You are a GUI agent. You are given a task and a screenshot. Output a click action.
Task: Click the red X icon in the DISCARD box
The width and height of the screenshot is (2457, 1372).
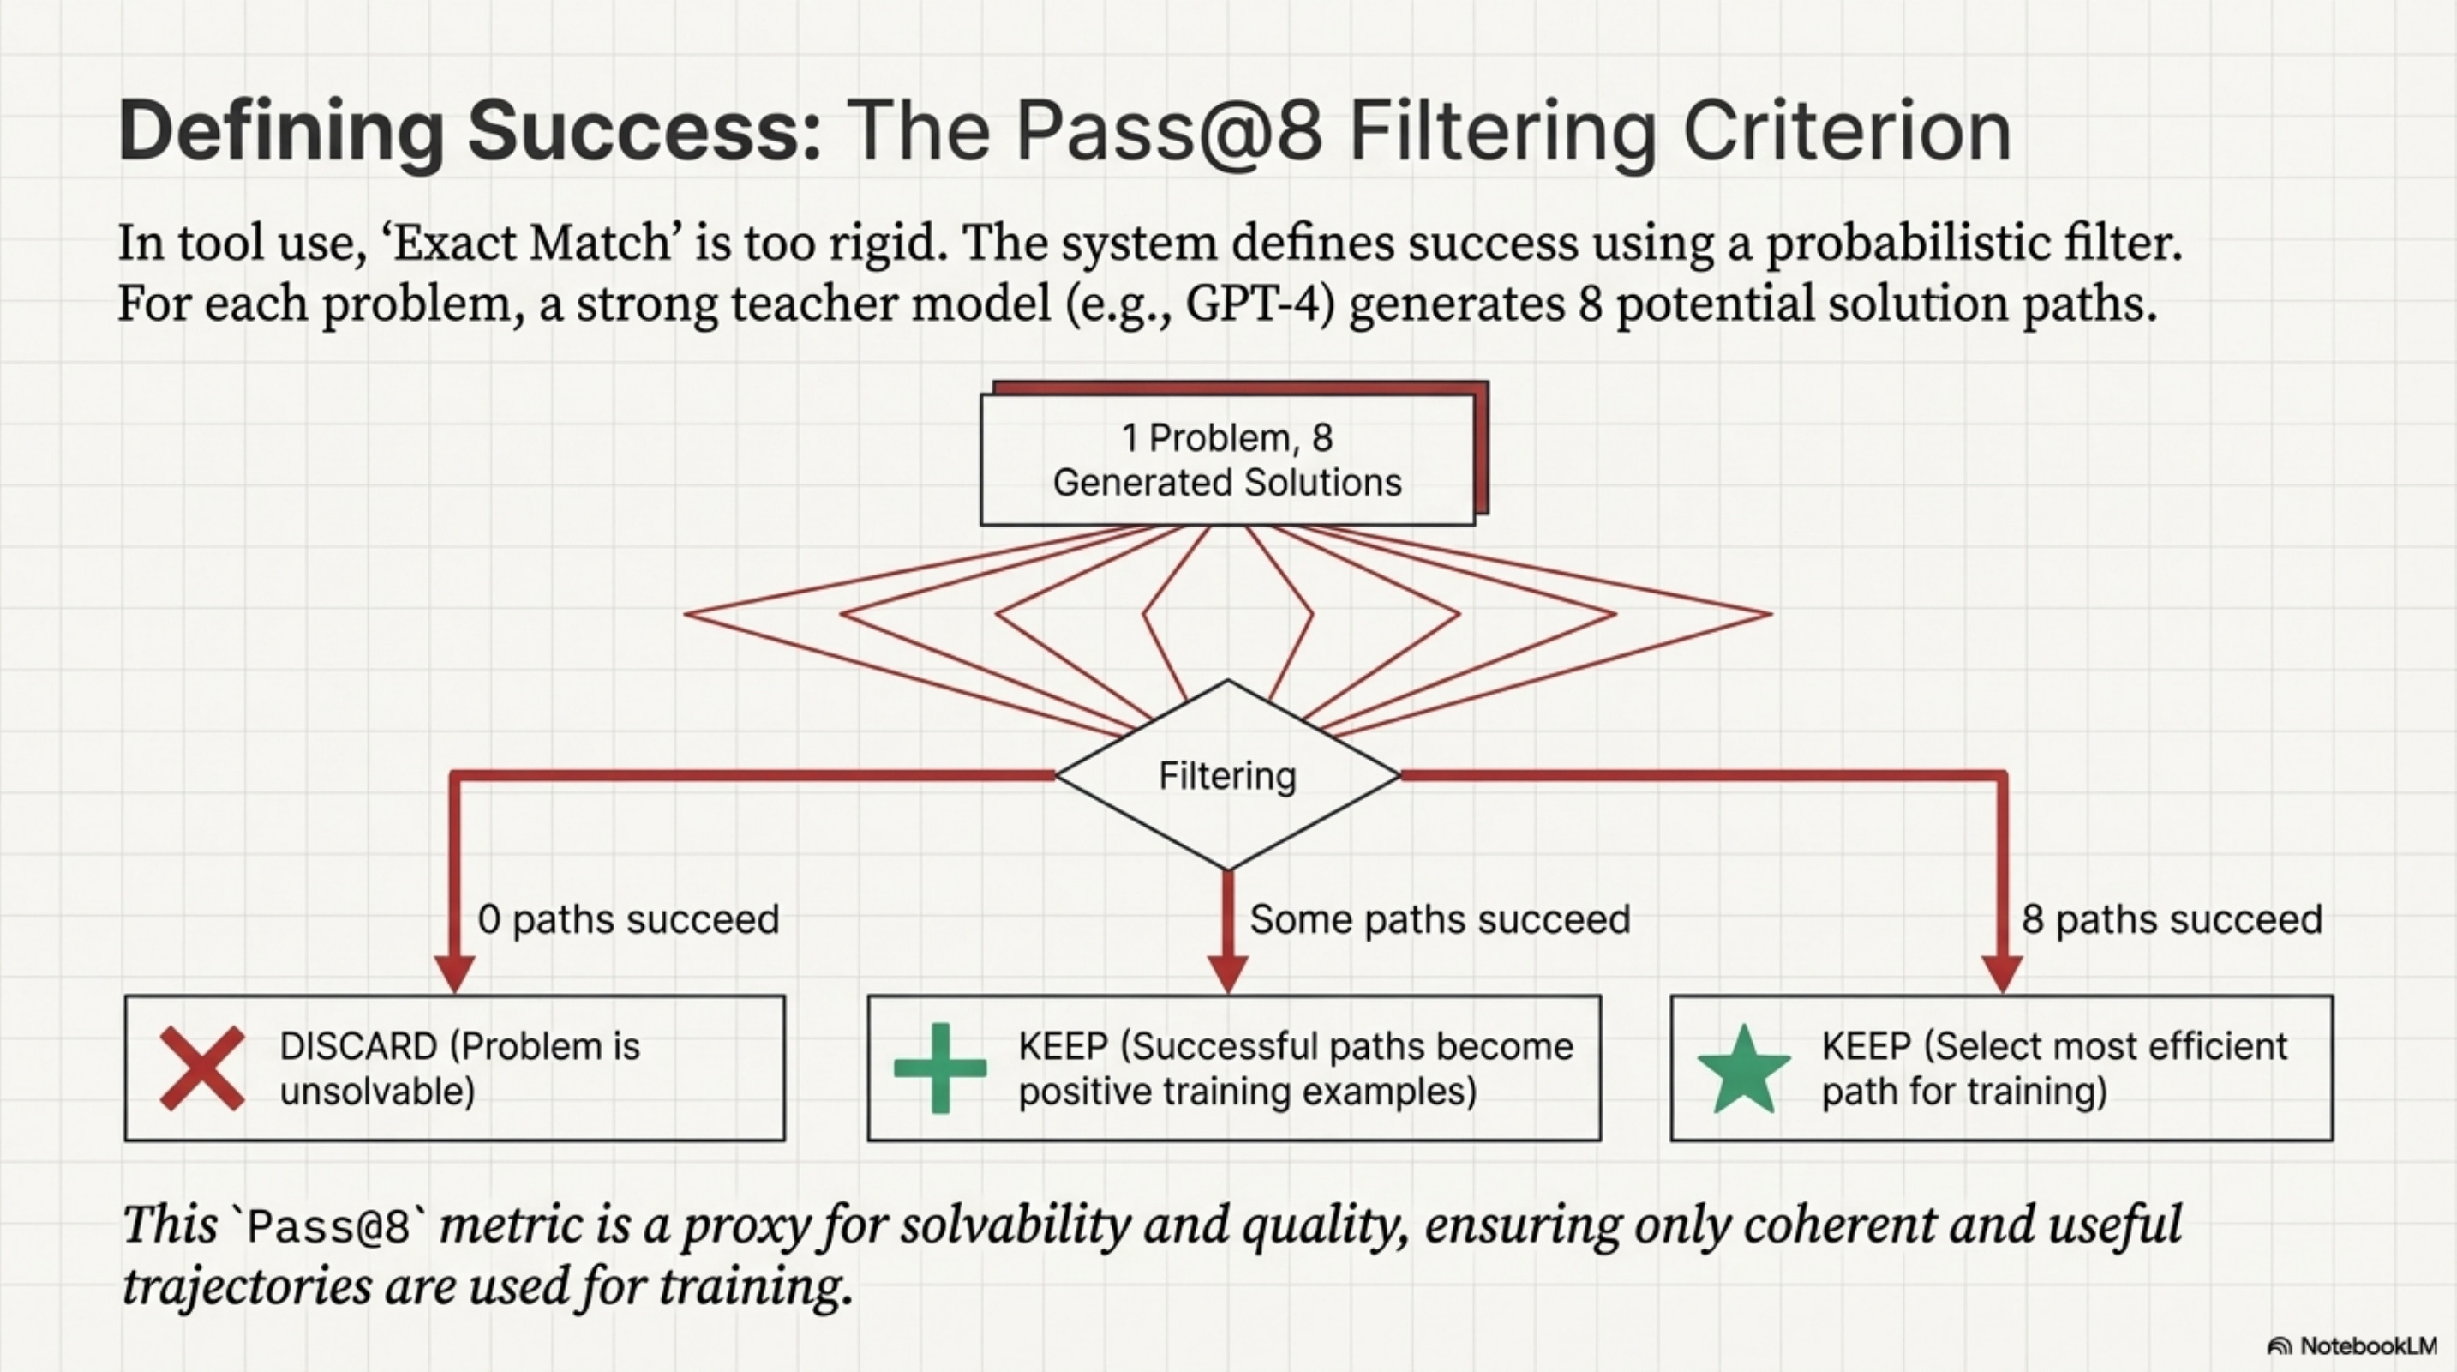click(x=201, y=1068)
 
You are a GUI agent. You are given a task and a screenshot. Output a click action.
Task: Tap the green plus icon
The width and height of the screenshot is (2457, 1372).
click(x=939, y=1068)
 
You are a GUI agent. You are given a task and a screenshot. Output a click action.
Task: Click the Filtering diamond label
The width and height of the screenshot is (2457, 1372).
click(x=1227, y=776)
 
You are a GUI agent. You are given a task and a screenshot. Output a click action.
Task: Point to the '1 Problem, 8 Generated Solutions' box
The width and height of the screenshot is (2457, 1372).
click(x=1227, y=460)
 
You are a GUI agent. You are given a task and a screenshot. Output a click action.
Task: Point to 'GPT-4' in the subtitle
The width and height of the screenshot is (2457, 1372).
click(x=1259, y=304)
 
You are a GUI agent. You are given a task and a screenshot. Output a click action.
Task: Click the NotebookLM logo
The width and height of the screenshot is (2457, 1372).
click(x=2351, y=1345)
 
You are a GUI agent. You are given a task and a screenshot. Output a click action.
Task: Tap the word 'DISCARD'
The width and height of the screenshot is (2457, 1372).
click(x=357, y=1047)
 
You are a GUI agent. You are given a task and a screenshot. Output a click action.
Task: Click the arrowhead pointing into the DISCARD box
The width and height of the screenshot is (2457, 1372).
click(x=454, y=974)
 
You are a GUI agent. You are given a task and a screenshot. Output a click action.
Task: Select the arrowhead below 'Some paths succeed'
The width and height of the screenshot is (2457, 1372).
click(x=1227, y=974)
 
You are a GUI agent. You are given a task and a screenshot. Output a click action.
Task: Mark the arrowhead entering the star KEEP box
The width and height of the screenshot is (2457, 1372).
click(x=2001, y=974)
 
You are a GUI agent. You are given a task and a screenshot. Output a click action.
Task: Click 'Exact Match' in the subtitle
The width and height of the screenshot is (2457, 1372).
click(x=529, y=244)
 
